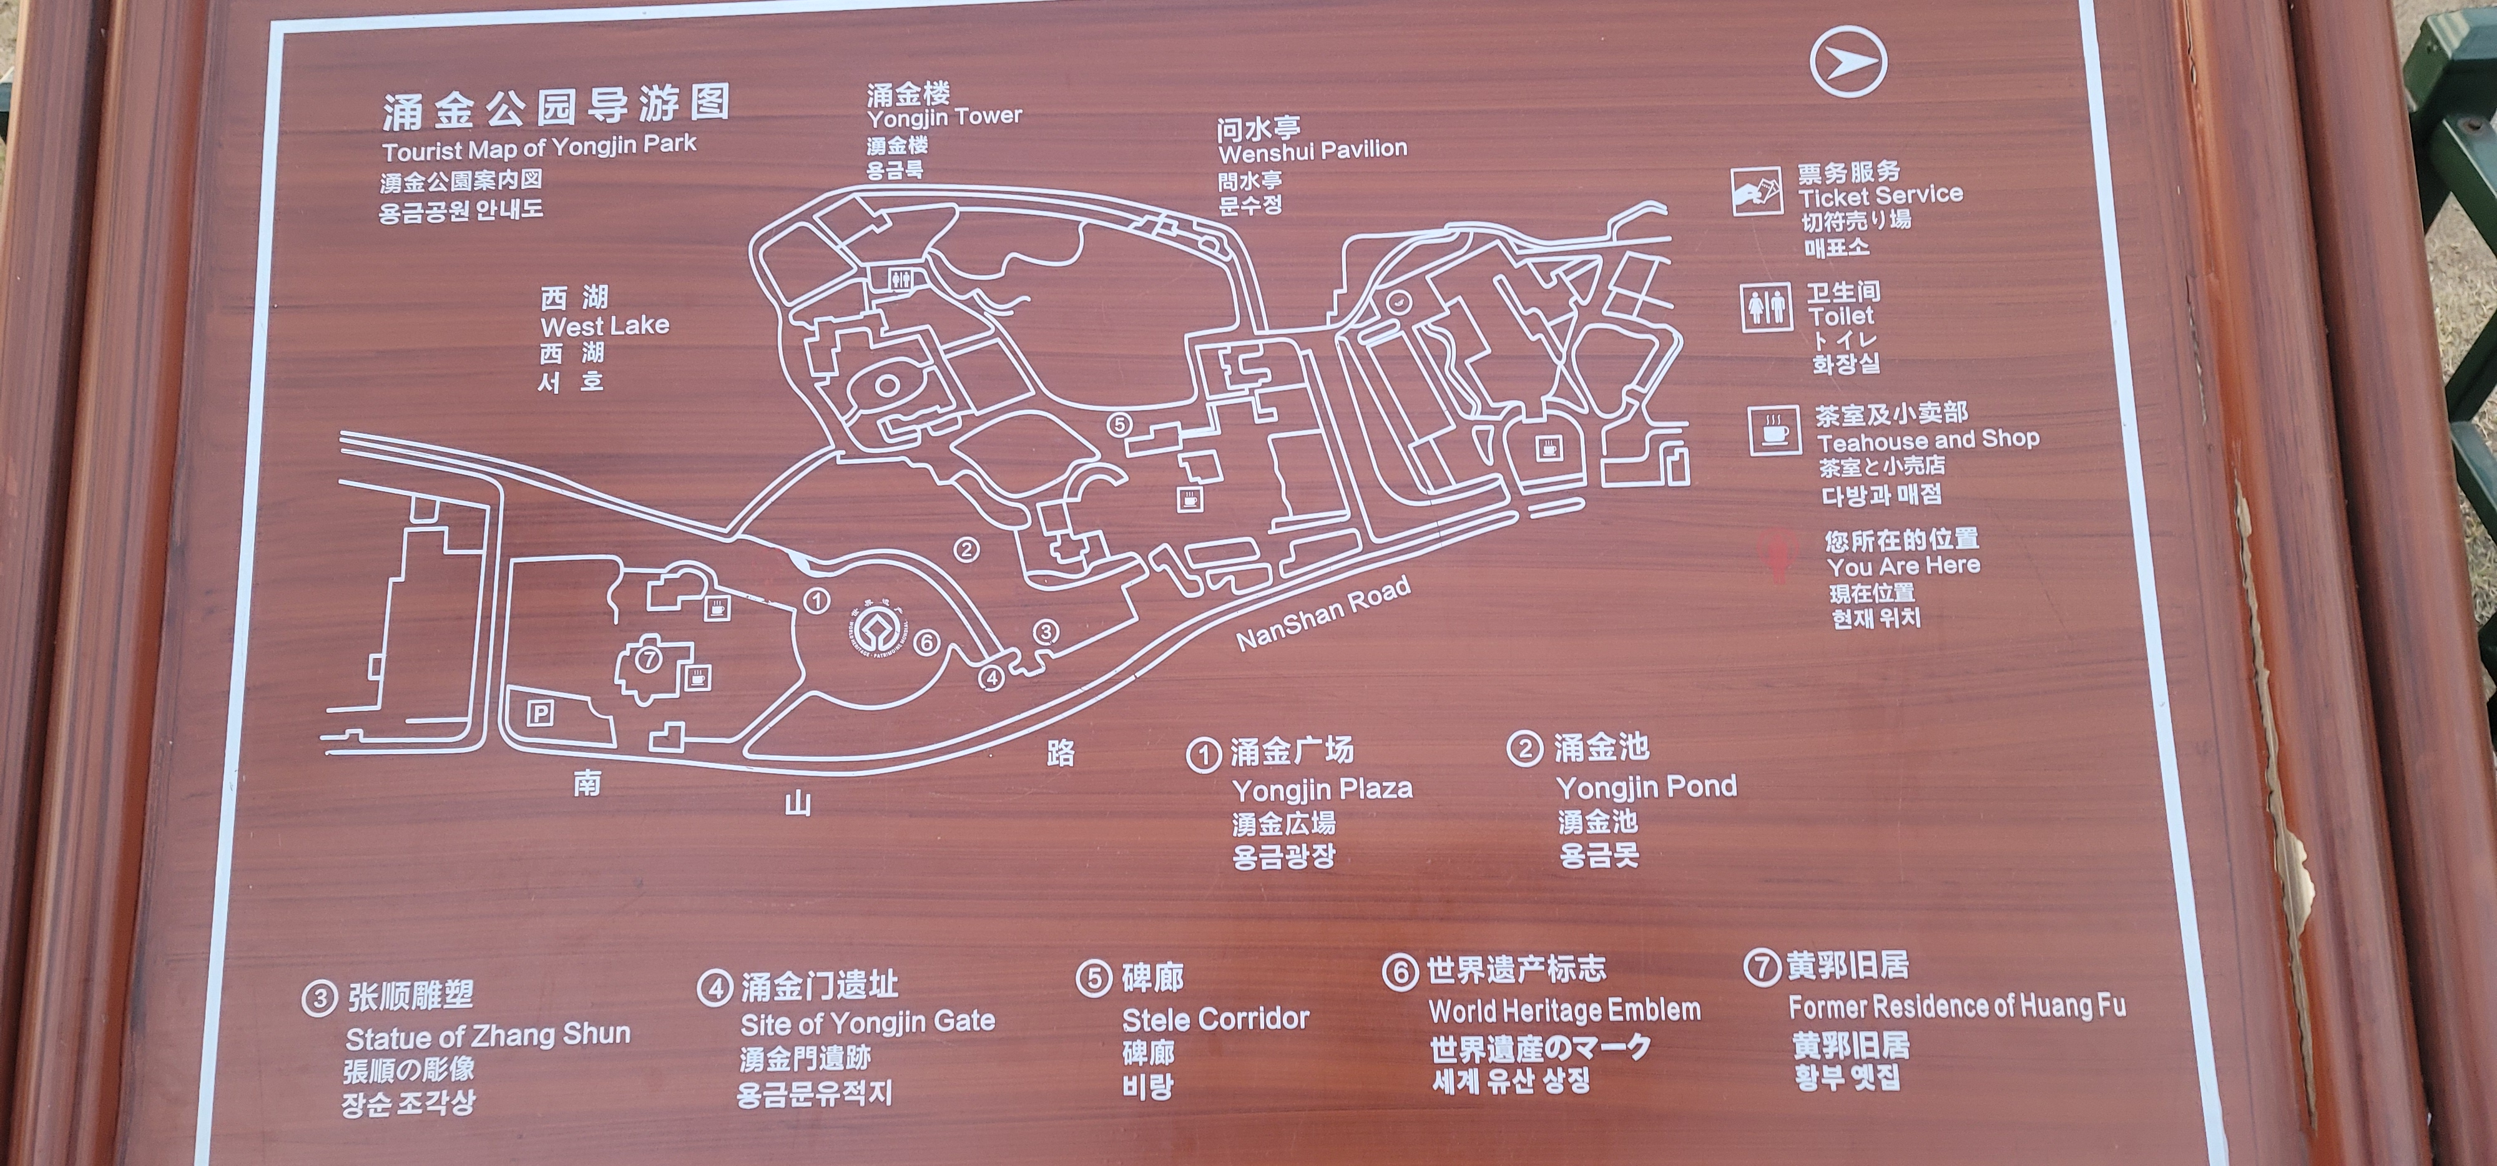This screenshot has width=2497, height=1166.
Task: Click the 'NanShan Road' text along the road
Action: click(1323, 614)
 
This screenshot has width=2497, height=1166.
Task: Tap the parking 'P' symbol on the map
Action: click(540, 714)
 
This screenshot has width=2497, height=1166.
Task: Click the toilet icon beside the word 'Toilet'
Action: click(1765, 307)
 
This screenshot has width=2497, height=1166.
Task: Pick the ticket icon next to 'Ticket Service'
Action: click(1757, 192)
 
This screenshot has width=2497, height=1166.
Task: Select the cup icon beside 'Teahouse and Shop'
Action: click(1775, 430)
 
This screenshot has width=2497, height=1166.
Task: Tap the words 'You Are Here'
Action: click(1903, 565)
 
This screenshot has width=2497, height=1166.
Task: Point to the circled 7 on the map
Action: click(649, 660)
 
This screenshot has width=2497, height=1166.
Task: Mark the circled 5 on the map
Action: click(1119, 424)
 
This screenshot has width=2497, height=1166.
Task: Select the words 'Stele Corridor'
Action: click(1215, 1019)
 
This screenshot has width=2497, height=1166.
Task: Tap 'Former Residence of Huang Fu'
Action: click(1956, 1006)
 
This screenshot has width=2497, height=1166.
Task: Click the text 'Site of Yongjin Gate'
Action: click(868, 1022)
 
